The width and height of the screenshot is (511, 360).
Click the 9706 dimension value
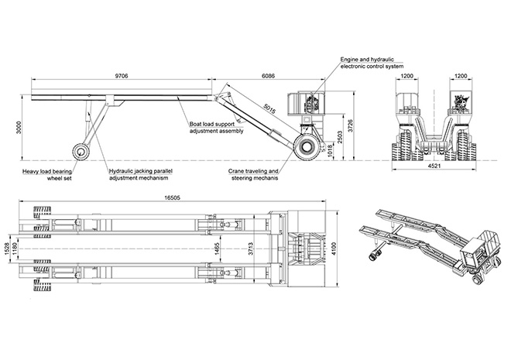[x=121, y=76]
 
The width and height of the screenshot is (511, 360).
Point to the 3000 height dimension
[x=9, y=126]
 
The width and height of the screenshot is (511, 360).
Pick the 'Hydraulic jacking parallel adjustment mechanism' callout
[x=141, y=175]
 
